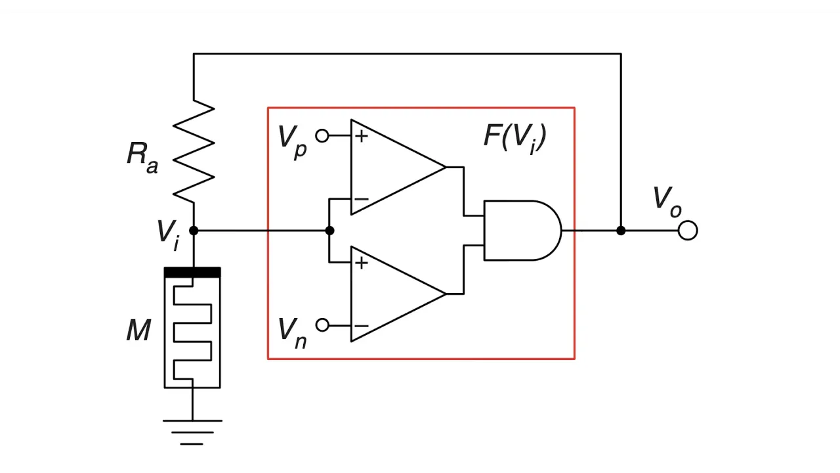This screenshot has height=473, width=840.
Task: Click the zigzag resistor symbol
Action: [194, 151]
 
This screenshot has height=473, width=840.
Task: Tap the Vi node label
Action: [167, 234]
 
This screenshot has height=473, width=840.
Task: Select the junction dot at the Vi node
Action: [194, 231]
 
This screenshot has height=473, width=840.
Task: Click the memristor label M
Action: [138, 330]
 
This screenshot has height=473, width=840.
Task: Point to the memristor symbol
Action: [192, 328]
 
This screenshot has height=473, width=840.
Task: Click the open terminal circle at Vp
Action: [322, 135]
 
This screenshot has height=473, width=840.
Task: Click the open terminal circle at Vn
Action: [322, 325]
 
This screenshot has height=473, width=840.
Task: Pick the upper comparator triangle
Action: [394, 167]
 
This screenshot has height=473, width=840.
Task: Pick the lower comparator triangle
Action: [394, 294]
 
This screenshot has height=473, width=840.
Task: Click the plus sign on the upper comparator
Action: [361, 136]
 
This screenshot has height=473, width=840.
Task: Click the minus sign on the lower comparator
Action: [361, 326]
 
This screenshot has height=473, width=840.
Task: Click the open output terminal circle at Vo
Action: [688, 231]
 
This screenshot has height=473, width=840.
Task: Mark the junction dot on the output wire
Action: [621, 231]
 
